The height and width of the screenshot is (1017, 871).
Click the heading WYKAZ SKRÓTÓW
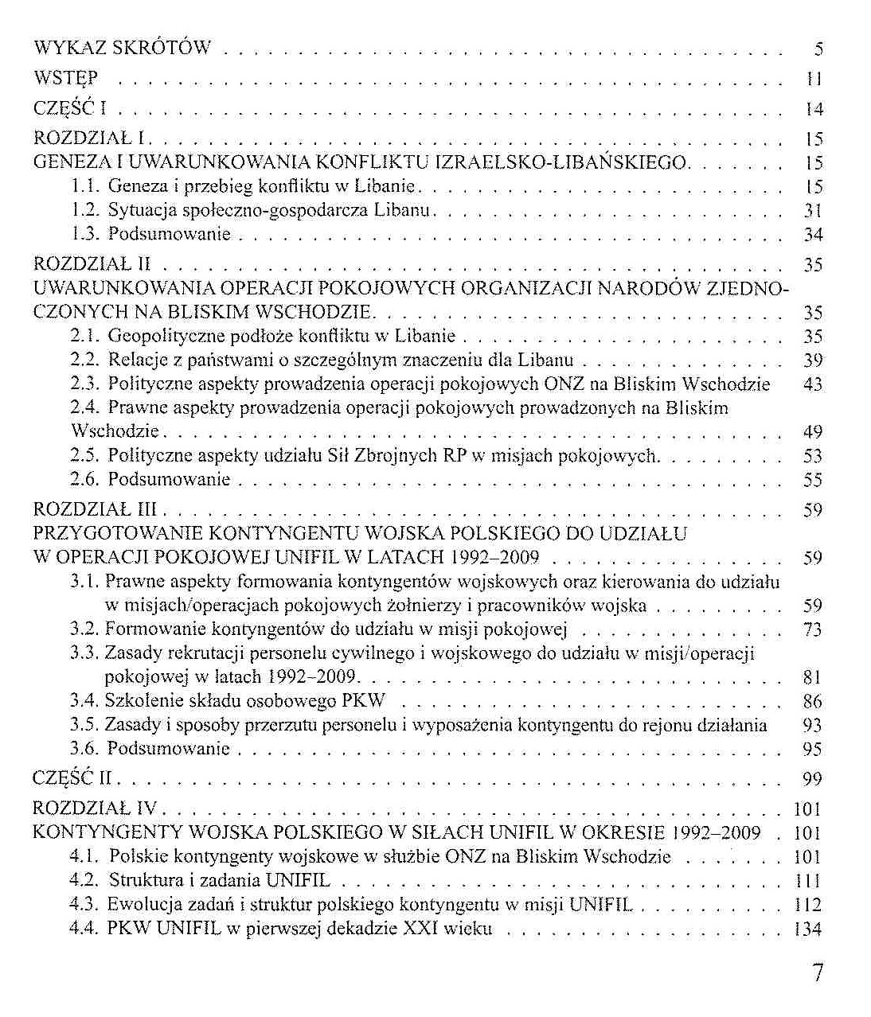click(123, 48)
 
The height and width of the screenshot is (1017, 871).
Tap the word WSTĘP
click(66, 78)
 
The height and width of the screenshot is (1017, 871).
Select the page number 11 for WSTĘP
click(813, 79)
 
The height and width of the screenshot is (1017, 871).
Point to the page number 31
click(812, 211)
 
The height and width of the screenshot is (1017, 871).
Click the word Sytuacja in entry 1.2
click(135, 211)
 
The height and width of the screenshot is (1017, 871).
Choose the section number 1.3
click(84, 235)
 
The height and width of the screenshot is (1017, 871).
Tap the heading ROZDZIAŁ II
click(92, 264)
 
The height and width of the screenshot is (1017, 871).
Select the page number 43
click(812, 384)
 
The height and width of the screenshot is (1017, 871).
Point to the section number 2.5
click(84, 456)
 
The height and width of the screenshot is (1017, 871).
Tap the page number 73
click(812, 630)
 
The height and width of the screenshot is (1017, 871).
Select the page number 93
click(812, 725)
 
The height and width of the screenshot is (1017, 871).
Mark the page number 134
click(808, 929)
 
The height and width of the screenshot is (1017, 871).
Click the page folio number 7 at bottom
click(817, 973)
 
